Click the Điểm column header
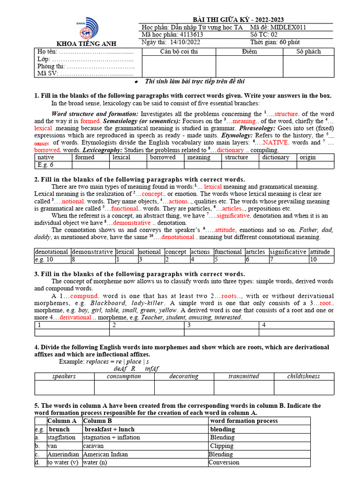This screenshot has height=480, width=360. click(x=249, y=52)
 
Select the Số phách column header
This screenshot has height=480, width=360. click(x=308, y=52)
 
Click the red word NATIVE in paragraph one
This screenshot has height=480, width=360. click(x=275, y=142)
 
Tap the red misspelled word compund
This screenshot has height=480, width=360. click(x=84, y=296)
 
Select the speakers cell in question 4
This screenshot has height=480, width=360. click(x=64, y=376)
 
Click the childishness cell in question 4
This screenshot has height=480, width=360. click(x=304, y=376)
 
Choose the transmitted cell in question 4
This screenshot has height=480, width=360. click(x=244, y=376)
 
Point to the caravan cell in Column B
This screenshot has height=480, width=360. click(x=93, y=446)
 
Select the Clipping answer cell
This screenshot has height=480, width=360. click(x=222, y=446)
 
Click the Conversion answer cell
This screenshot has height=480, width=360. click(x=225, y=462)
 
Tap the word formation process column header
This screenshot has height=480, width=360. click(x=244, y=421)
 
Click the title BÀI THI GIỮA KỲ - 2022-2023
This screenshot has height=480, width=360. click(x=236, y=19)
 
